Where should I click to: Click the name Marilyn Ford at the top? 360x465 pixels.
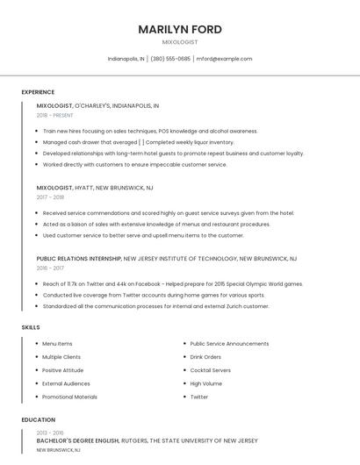(180, 29)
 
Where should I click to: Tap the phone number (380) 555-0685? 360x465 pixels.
(170, 59)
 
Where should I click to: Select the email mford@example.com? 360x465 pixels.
(224, 59)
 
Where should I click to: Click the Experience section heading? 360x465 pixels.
(38, 92)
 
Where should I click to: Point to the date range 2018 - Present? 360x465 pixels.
(54, 115)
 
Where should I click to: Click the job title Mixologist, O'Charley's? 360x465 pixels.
(97, 105)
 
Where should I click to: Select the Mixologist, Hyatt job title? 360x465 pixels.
(95, 188)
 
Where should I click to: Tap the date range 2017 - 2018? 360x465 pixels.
(50, 197)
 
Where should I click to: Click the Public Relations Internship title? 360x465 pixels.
(166, 259)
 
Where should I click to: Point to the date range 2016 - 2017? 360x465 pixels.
(50, 268)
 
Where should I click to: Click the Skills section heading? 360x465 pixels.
(31, 327)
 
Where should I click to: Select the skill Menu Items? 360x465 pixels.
(57, 344)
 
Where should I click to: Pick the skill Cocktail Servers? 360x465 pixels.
(211, 370)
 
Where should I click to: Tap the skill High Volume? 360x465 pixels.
(205, 383)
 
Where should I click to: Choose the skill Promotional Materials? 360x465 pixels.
(69, 397)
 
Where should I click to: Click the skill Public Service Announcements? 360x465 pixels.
(229, 344)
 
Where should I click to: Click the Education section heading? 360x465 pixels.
(38, 419)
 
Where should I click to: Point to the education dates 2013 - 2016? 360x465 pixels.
(50, 433)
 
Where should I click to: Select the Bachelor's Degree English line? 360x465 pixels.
(147, 440)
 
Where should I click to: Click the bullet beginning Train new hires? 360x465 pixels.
(150, 131)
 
